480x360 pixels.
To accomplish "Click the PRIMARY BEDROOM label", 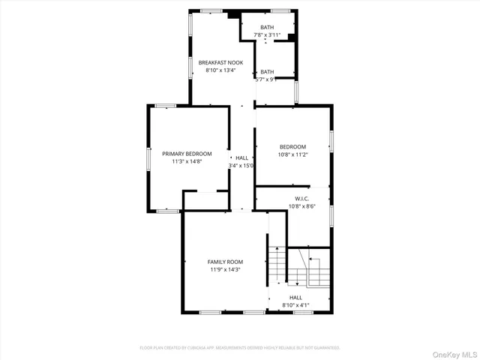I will [x=187, y=153].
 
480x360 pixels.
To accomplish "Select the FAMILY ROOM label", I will [x=224, y=262].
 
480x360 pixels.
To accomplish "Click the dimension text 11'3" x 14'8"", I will [x=187, y=160].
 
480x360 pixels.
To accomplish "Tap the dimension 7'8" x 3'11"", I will [x=267, y=35].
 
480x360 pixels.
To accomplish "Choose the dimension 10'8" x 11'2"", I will [x=292, y=154].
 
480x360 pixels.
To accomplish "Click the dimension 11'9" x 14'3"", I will [x=224, y=269].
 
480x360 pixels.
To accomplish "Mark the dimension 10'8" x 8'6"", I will [x=302, y=206].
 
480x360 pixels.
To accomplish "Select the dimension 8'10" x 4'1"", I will [x=295, y=305].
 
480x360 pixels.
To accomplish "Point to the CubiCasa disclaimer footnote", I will [x=240, y=348].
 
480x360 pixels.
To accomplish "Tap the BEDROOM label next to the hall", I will [x=292, y=146].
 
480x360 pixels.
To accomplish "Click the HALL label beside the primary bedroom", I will [x=241, y=157].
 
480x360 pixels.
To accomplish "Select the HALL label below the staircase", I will [x=295, y=298].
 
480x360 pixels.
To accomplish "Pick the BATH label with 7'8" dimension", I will [x=267, y=28].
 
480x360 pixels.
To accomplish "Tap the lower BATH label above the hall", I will [x=267, y=72].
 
